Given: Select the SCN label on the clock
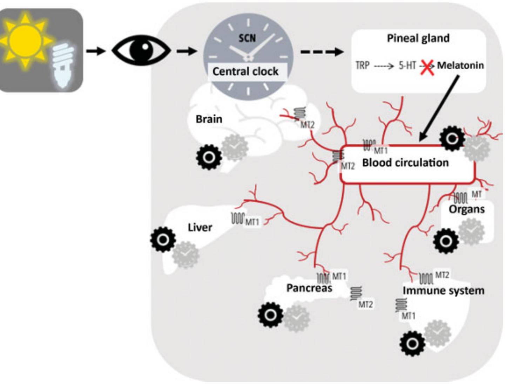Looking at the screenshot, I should point(247,38).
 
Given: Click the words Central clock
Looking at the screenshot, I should point(245,71).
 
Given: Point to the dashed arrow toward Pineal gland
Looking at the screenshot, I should point(322,52).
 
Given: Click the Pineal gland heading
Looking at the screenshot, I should point(418,38).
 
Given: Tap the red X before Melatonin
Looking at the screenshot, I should point(427,67).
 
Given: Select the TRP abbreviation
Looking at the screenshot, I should point(362,66).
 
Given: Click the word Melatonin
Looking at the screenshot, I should point(460,66).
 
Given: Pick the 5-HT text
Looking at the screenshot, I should point(407,66).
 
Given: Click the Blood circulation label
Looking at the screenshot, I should point(405,163).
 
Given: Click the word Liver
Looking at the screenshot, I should point(200,227).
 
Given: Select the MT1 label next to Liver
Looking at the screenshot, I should point(252,222).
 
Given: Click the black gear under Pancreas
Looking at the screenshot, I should point(270,315).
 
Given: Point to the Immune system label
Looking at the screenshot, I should point(443,290).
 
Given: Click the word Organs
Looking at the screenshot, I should point(466,209).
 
